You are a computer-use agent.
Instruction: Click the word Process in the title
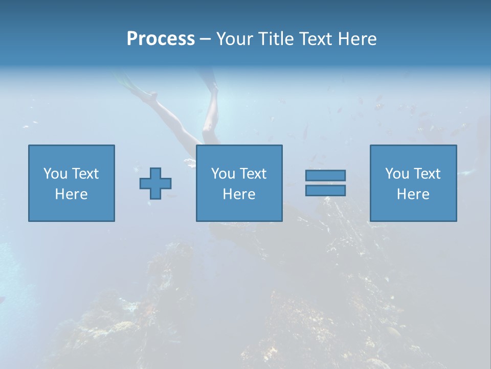pos(161,39)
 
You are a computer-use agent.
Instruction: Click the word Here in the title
pos(357,39)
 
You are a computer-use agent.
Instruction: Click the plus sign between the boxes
pos(155,183)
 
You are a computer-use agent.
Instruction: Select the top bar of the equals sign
pos(325,175)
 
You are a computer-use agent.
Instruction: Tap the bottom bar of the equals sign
pos(325,190)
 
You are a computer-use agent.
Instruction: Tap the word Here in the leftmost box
pos(72,194)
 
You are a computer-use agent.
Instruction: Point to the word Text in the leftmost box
pos(85,174)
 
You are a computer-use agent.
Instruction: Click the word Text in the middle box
pos(253,174)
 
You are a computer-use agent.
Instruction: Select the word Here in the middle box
pos(239,194)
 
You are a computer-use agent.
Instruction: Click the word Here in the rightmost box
pos(413,194)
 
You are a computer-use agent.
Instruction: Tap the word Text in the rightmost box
pos(427,174)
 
